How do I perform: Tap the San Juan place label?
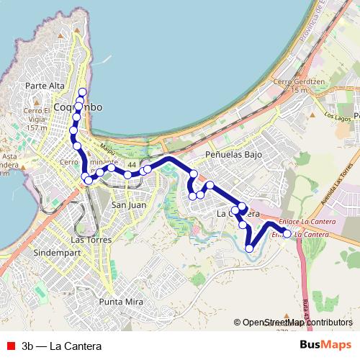[x=129, y=205]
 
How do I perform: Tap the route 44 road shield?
[x=132, y=166]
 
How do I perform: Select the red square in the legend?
[x=10, y=346]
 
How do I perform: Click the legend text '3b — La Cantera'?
[x=62, y=346]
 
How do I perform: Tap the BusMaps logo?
[x=325, y=346]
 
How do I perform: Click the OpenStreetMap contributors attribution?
[x=297, y=323]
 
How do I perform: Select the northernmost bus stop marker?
[x=82, y=91]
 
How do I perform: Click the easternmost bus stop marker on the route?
[x=287, y=233]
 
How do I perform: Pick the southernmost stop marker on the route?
[x=249, y=248]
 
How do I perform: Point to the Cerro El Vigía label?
[x=35, y=114]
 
